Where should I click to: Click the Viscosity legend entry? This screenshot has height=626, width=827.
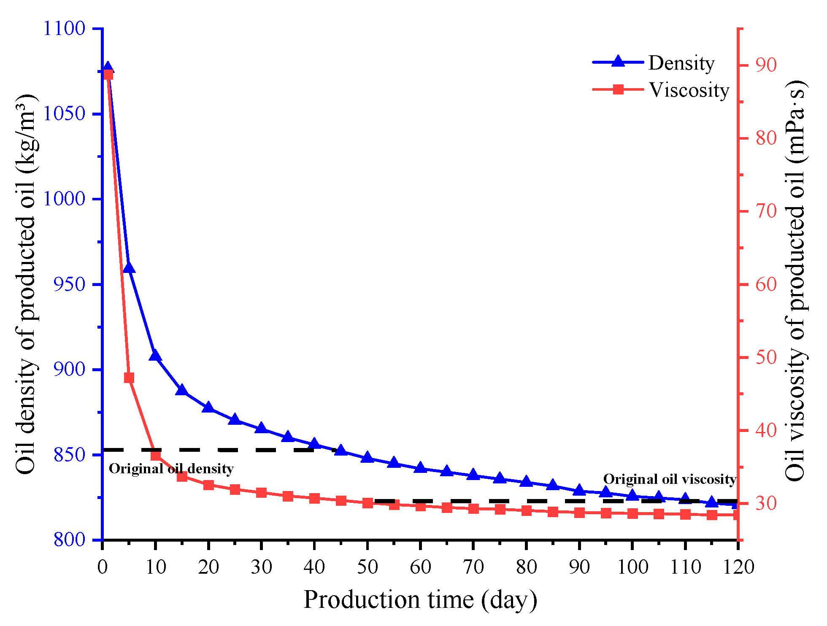(689, 90)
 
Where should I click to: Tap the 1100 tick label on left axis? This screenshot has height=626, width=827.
(65, 28)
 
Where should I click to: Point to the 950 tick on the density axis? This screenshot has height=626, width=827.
(69, 284)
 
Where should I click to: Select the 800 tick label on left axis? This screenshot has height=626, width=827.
(69, 540)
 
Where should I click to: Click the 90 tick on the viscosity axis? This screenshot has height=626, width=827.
(766, 65)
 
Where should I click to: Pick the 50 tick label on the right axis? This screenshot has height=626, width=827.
(766, 357)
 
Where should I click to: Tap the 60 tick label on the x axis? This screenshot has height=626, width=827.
(420, 567)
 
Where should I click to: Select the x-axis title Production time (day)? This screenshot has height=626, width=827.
(420, 599)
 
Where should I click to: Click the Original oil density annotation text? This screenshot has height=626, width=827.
(171, 469)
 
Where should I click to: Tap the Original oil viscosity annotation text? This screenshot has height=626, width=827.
(670, 479)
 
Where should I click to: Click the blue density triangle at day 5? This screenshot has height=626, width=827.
(129, 267)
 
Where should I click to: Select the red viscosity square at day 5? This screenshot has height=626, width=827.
(129, 378)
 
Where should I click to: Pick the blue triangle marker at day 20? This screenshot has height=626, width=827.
(208, 407)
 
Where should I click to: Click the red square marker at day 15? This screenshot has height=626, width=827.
(182, 477)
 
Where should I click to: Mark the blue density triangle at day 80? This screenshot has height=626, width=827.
(526, 481)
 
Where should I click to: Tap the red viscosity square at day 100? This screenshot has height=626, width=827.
(632, 513)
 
